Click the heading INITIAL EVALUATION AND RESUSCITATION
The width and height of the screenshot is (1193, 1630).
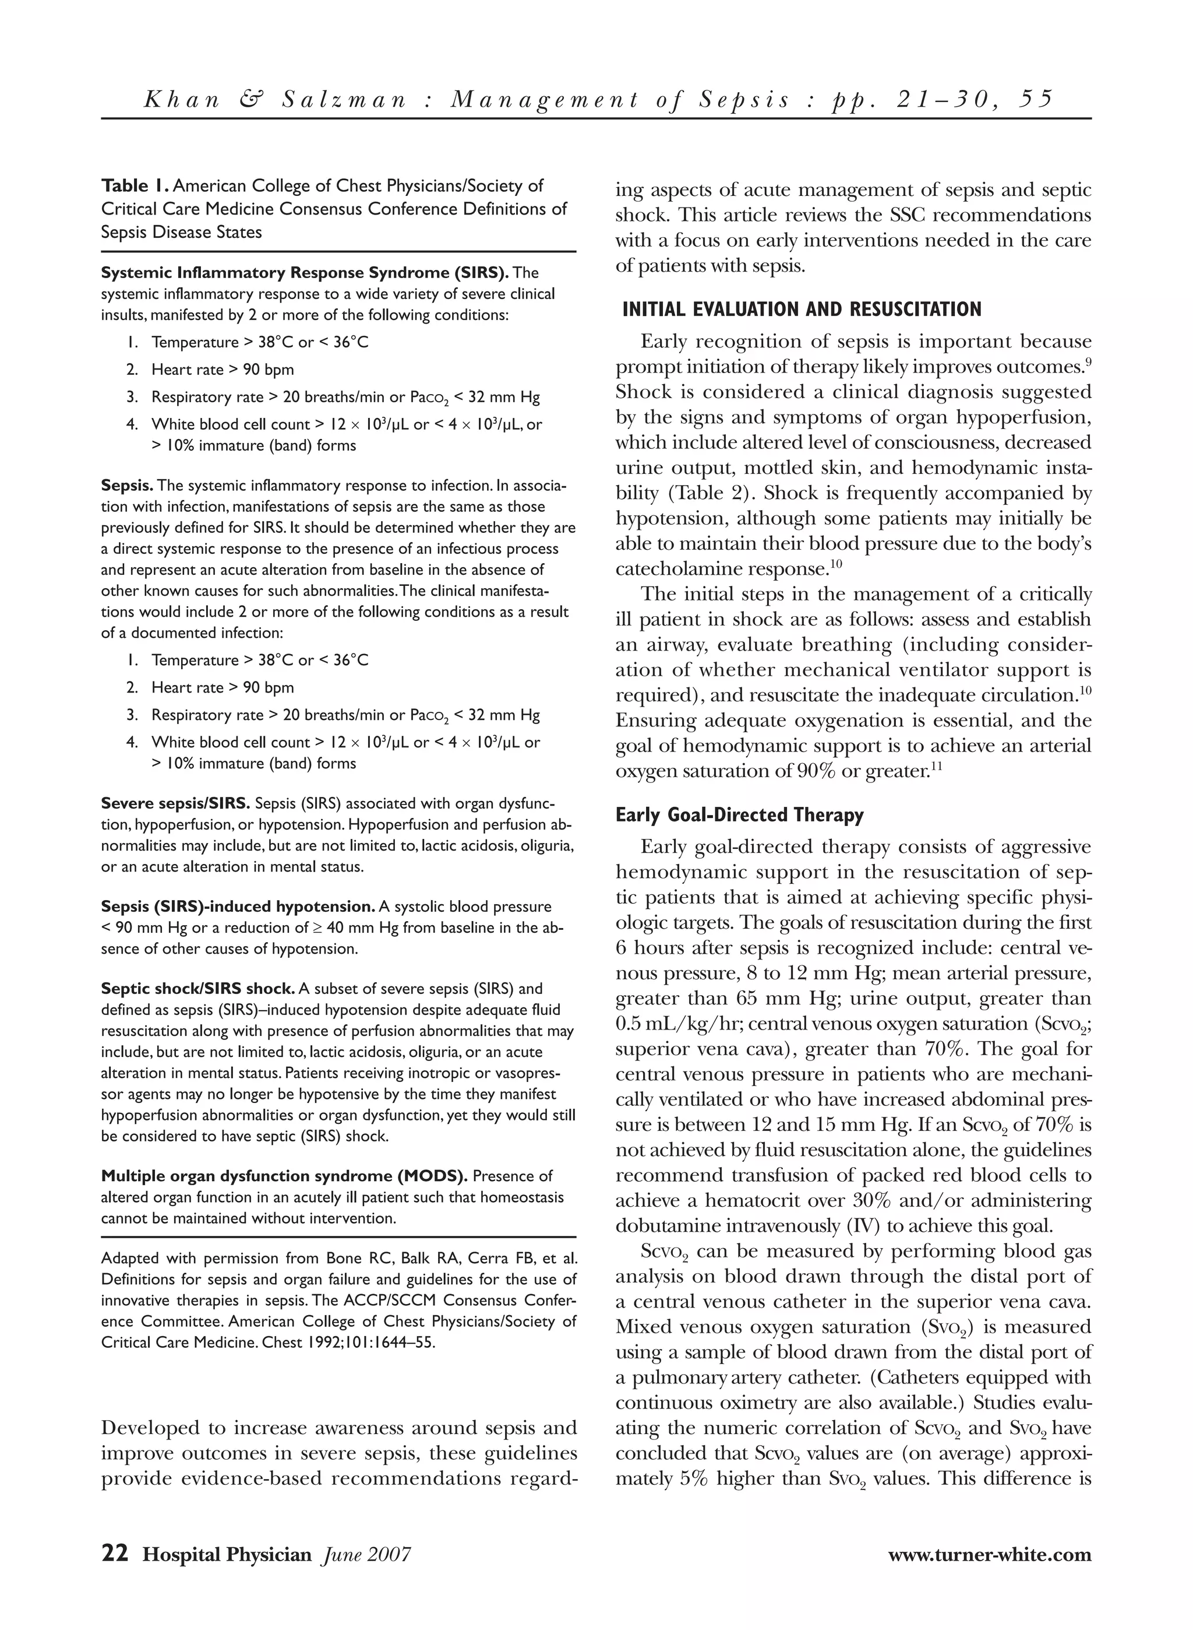pos(802,310)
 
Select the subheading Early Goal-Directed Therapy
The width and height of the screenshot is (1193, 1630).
pos(739,815)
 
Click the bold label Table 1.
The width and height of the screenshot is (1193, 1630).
pos(135,187)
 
